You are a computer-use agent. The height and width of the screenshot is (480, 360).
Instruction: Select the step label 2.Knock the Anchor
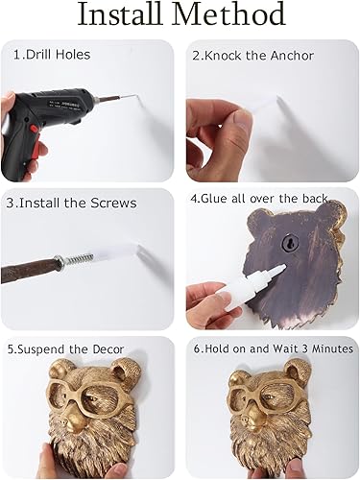point(252,56)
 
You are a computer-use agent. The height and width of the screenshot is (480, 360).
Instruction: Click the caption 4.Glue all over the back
point(259,203)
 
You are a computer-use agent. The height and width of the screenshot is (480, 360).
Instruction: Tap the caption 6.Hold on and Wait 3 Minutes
point(272,349)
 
